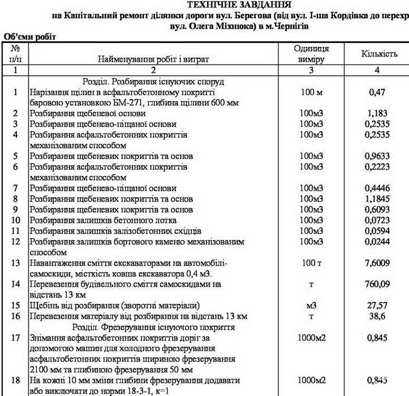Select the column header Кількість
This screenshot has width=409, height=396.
pos(378,54)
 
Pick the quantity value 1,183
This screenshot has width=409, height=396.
pos(377,113)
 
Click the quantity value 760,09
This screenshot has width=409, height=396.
pos(377,284)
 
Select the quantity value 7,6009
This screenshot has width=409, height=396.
pos(377,262)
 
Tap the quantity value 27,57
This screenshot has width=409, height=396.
pos(377,305)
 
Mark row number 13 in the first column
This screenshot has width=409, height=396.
pos(15,262)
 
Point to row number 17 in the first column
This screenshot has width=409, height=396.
pos(15,338)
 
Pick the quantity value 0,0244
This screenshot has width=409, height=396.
pos(377,242)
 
